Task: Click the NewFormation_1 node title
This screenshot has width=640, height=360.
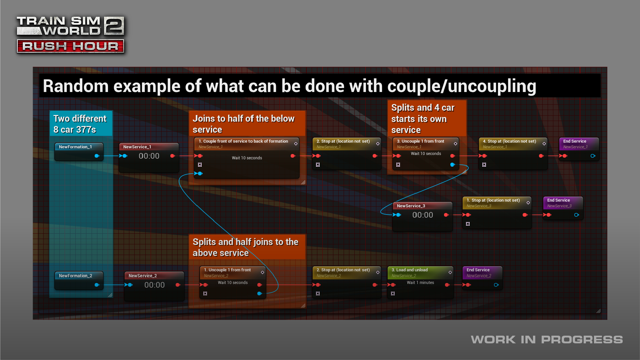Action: (75, 147)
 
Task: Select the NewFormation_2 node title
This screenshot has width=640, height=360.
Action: (75, 276)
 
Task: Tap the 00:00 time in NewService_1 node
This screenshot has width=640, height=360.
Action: (149, 156)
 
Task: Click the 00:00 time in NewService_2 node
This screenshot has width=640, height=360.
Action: (154, 285)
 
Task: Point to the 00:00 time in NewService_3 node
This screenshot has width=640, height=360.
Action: (423, 215)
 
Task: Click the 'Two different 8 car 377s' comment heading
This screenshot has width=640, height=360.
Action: (80, 124)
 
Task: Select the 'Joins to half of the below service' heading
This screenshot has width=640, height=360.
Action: (244, 124)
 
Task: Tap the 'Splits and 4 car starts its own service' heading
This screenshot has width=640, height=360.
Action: (423, 119)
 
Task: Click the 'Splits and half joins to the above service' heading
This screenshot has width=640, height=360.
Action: (245, 247)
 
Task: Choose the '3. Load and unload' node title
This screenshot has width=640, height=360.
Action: (410, 270)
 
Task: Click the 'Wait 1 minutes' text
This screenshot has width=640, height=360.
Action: (420, 283)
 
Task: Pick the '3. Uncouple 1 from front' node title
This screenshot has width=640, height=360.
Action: (420, 141)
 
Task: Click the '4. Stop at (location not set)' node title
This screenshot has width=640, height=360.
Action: (509, 141)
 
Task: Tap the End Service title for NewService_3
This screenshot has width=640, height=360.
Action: (558, 200)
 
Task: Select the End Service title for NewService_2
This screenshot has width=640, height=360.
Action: (478, 270)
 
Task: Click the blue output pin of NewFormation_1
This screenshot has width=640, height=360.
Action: (97, 156)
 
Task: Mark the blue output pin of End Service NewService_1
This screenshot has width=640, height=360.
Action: (593, 156)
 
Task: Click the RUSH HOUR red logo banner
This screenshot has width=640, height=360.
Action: (70, 46)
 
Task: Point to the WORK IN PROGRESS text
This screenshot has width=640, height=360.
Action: (547, 340)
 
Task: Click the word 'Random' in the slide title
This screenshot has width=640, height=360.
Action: (76, 86)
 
